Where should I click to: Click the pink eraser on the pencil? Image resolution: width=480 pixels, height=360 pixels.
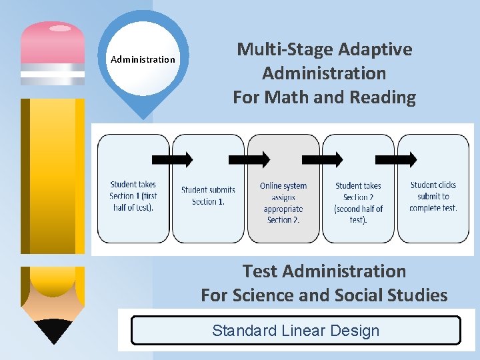click(53, 41)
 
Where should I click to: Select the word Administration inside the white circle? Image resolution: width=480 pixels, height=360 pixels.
click(143, 59)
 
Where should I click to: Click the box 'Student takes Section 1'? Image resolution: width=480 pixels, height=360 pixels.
click(133, 189)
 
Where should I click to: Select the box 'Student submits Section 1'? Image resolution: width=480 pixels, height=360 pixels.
click(208, 189)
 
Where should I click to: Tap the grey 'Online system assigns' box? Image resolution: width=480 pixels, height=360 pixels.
click(283, 189)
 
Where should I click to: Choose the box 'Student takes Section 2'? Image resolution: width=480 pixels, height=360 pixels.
click(359, 189)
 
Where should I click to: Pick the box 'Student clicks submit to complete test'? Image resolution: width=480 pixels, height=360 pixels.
click(433, 189)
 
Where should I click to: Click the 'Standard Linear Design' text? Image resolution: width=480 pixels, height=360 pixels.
click(295, 331)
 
